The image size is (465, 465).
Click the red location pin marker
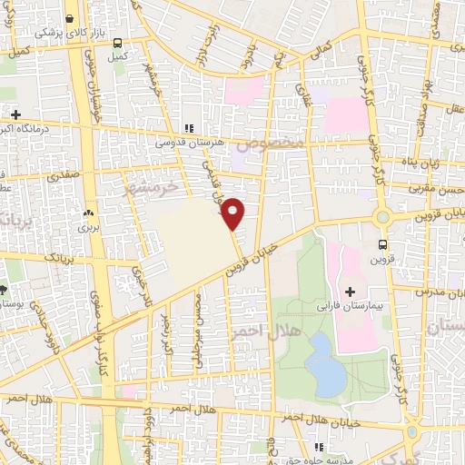233,213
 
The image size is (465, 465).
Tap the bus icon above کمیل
116,41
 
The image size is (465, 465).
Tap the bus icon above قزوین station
382,243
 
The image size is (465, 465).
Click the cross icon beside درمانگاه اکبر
15,115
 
